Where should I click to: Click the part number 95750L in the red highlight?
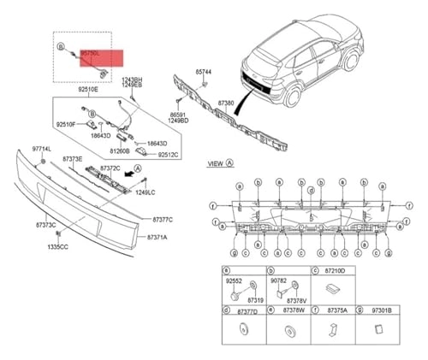pyautogui.click(x=90, y=53)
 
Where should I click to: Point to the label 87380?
pyautogui.click(x=225, y=103)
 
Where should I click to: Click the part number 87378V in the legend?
pyautogui.click(x=296, y=301)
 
